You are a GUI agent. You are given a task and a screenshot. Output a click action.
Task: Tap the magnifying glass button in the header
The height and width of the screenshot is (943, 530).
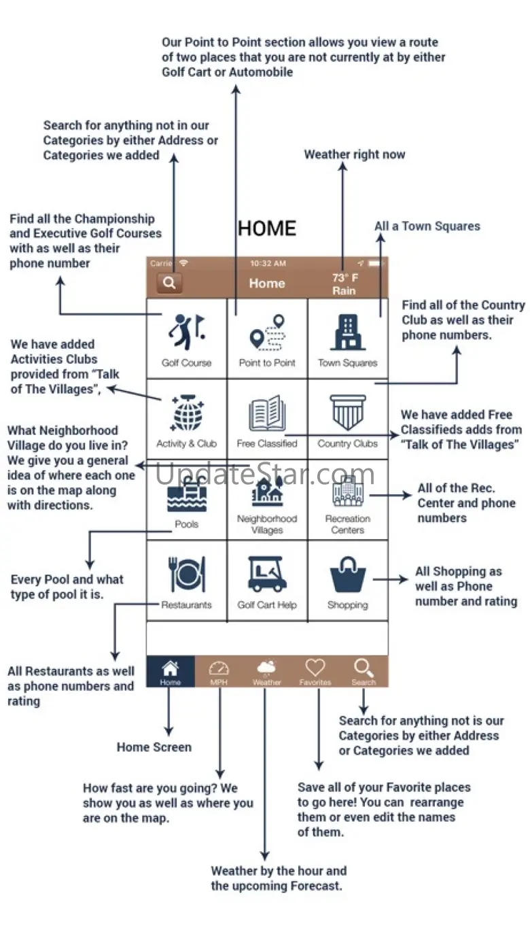pos(169,283)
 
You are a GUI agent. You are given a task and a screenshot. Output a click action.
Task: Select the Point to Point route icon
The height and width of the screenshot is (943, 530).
pos(267,332)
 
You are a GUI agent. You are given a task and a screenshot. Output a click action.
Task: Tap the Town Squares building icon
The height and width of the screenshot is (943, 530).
pos(347,332)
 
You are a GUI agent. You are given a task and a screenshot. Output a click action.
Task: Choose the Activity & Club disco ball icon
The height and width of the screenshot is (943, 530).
pos(186,413)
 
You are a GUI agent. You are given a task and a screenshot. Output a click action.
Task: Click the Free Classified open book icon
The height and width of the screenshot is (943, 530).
pos(267,413)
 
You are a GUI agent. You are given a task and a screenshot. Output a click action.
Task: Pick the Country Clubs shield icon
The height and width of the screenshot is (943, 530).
pos(347,413)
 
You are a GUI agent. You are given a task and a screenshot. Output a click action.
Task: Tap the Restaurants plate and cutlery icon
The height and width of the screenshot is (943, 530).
pos(186,575)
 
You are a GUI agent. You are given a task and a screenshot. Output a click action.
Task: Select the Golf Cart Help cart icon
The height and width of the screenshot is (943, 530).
pos(267,575)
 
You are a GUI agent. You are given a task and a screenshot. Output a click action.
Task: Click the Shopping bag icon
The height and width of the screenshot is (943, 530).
pos(347,575)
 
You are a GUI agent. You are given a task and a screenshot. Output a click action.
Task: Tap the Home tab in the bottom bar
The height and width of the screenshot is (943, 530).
pos(171,672)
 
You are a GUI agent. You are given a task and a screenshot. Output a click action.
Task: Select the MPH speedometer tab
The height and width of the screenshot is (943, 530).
pos(219,672)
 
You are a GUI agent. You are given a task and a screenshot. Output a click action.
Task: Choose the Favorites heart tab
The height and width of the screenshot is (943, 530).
pos(315,672)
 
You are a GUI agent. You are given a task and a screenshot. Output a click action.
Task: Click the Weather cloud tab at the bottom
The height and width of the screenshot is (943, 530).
pos(267,672)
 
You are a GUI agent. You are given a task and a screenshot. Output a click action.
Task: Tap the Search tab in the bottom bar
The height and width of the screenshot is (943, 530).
pos(364,672)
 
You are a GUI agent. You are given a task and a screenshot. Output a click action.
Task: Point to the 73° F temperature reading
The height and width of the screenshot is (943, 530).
pos(344,277)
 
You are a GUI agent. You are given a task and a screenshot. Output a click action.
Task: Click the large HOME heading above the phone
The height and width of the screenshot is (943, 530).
pos(267,228)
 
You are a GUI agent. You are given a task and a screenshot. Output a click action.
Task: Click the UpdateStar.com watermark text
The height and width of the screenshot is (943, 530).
pos(265,474)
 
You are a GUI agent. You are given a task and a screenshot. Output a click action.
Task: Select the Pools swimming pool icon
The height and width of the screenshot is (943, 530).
pos(186,495)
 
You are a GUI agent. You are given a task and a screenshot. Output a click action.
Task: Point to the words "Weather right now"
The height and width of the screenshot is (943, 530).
pos(354,155)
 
